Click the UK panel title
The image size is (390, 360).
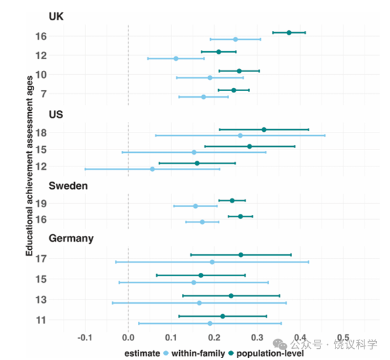click(56, 16)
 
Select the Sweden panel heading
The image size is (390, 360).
click(68, 186)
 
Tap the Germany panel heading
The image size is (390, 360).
click(71, 238)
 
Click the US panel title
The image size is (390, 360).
click(56, 115)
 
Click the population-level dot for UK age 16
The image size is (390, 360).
click(289, 33)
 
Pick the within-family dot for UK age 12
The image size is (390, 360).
click(176, 58)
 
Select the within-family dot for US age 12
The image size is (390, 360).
click(152, 169)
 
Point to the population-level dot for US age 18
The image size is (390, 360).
click(264, 129)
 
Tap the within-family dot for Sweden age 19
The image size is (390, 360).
click(196, 206)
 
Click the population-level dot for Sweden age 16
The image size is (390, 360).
click(240, 216)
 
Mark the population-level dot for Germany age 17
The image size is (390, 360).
click(241, 254)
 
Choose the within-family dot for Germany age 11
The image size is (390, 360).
click(210, 323)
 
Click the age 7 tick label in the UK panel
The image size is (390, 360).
click(44, 94)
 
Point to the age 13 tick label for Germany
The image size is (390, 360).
click(41, 300)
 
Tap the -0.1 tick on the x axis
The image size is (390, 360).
click(85, 338)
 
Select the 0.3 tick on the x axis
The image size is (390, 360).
click(257, 338)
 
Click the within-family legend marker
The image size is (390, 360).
click(166, 353)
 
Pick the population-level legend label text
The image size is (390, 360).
click(270, 353)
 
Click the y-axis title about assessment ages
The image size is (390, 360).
click(30, 166)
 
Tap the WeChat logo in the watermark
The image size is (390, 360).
click(280, 344)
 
